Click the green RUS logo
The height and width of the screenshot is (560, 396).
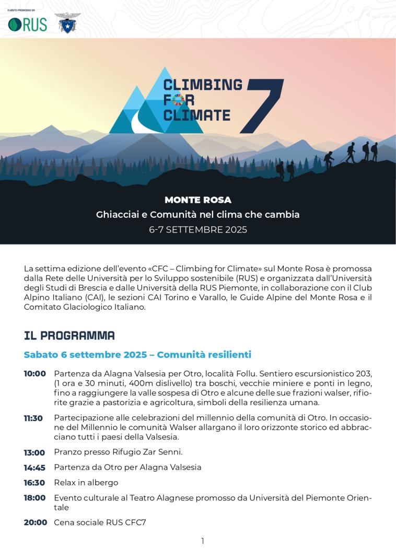[x=27, y=24]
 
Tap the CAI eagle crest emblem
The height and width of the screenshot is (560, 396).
[x=67, y=23]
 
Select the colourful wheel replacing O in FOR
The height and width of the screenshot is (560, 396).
[x=178, y=99]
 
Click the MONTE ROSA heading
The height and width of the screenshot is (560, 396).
[x=197, y=200]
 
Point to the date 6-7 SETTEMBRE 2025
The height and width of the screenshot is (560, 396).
[x=197, y=229]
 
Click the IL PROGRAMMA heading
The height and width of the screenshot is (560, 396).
[x=69, y=335]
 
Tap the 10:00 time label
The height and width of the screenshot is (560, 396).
[x=34, y=374]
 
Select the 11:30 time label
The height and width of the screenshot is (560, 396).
[x=33, y=418]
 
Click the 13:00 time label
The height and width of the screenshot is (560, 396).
[x=34, y=452]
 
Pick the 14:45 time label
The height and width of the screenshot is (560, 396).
[x=34, y=468]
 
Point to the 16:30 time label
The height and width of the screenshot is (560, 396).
[x=34, y=483]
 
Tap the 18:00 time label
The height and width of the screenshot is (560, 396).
[x=34, y=498]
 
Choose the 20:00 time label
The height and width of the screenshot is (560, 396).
[x=35, y=522]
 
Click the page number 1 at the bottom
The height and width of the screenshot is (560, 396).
[x=203, y=541]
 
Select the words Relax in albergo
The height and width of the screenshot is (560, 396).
[x=86, y=483]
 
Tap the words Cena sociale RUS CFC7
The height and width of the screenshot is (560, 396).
[x=100, y=522]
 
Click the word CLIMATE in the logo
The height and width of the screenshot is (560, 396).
[x=196, y=114]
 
